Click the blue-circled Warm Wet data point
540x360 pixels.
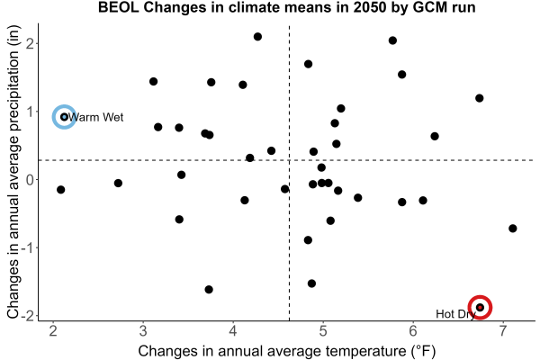(64, 117)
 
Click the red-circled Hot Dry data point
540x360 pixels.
(480, 307)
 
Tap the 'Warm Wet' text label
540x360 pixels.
(95, 118)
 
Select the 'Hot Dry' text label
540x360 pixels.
(455, 314)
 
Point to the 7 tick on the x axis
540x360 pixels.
(503, 331)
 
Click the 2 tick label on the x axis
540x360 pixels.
(53, 331)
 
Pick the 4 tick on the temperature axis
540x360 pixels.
(233, 331)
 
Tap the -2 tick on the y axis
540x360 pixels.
(28, 316)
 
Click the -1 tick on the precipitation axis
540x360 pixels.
(28, 247)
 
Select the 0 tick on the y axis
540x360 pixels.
(31, 179)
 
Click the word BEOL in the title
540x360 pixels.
(118, 7)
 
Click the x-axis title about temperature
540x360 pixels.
(287, 351)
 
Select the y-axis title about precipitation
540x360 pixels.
(13, 172)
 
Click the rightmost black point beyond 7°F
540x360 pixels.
(512, 229)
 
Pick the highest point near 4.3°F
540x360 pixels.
(257, 37)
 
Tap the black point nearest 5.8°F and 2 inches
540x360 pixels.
(392, 40)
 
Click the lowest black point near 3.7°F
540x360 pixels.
(209, 290)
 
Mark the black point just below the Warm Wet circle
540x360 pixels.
(60, 190)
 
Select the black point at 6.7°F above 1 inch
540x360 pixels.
(479, 98)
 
